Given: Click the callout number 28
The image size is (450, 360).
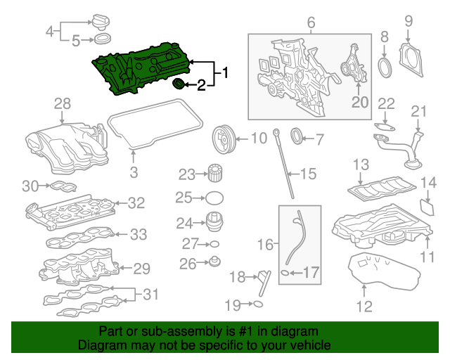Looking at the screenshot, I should point(63,104).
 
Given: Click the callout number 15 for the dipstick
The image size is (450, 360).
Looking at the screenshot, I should point(310,173).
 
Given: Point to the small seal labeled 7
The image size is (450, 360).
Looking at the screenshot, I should point(297,136).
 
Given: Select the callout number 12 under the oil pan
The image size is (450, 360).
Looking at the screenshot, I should point(364,306).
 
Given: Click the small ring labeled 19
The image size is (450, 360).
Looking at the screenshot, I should point(258,304).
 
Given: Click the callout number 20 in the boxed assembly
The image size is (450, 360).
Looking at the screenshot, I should point(359,102).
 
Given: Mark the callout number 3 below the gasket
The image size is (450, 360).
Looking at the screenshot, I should point(133,172).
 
